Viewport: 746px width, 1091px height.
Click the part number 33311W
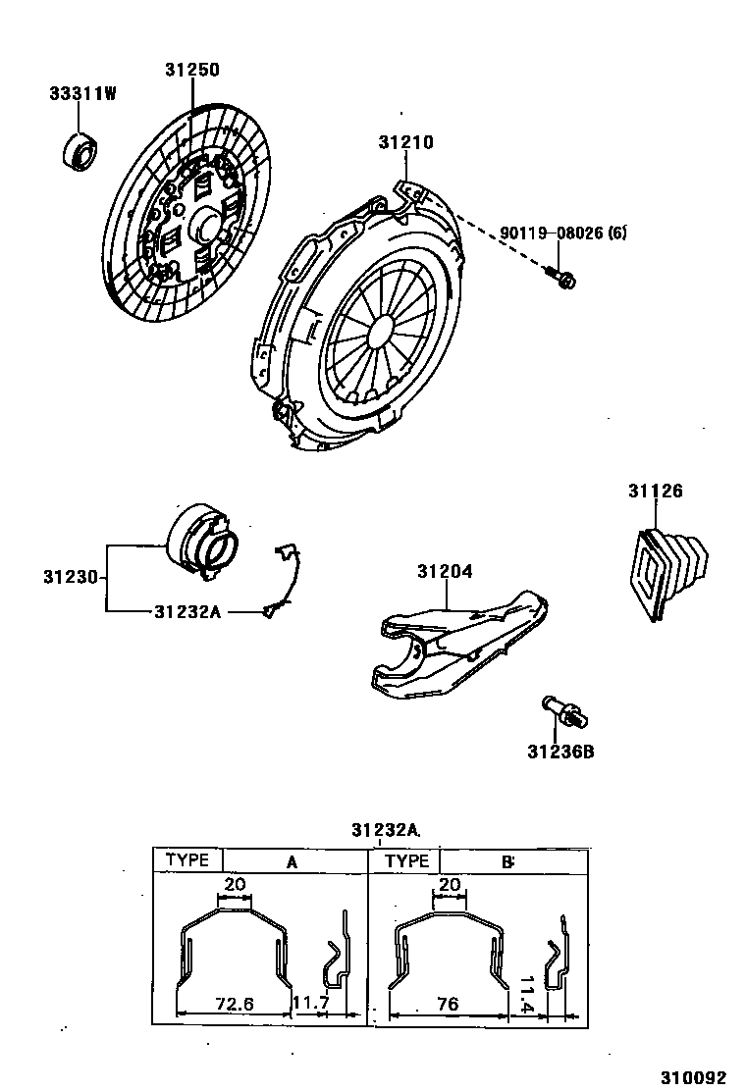pos(83,94)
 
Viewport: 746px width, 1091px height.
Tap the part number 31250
pos(191,71)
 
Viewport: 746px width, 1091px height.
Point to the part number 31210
pos(405,143)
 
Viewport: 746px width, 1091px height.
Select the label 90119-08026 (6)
pos(562,234)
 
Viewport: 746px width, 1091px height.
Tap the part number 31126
pos(655,492)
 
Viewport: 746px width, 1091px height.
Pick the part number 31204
pos(445,571)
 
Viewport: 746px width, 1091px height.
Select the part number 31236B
pos(560,753)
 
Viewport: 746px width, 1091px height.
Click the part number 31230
pos(70,577)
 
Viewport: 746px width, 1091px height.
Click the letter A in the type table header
pos(292,862)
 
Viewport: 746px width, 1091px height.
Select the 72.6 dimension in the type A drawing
pos(235,1005)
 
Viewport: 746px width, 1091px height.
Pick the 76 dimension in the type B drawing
pos(448,1005)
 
